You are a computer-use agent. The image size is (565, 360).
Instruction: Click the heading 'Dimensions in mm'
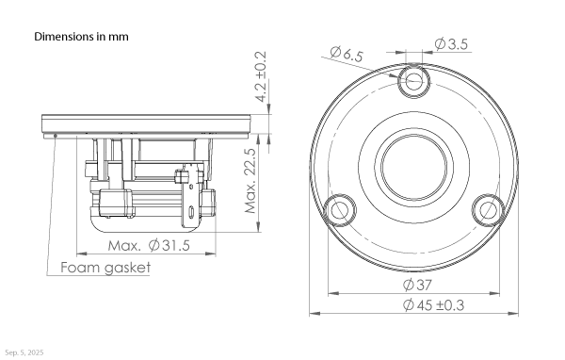pyautogui.click(x=81, y=37)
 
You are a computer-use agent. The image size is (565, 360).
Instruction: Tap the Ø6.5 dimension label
pyautogui.click(x=347, y=54)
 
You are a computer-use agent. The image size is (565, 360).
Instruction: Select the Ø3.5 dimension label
pyautogui.click(x=451, y=44)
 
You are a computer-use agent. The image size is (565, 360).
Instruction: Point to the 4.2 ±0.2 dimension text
pyautogui.click(x=261, y=76)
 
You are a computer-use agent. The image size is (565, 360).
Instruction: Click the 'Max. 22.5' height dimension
pyautogui.click(x=250, y=180)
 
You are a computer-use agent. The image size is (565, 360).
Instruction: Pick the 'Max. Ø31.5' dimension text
pyautogui.click(x=149, y=246)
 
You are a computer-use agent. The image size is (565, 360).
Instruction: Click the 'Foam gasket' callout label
pyautogui.click(x=105, y=268)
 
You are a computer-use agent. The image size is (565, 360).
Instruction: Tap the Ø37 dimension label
pyautogui.click(x=417, y=285)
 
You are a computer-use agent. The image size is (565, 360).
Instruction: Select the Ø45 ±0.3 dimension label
pyautogui.click(x=433, y=305)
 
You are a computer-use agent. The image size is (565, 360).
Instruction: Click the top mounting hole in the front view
pyautogui.click(x=414, y=81)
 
